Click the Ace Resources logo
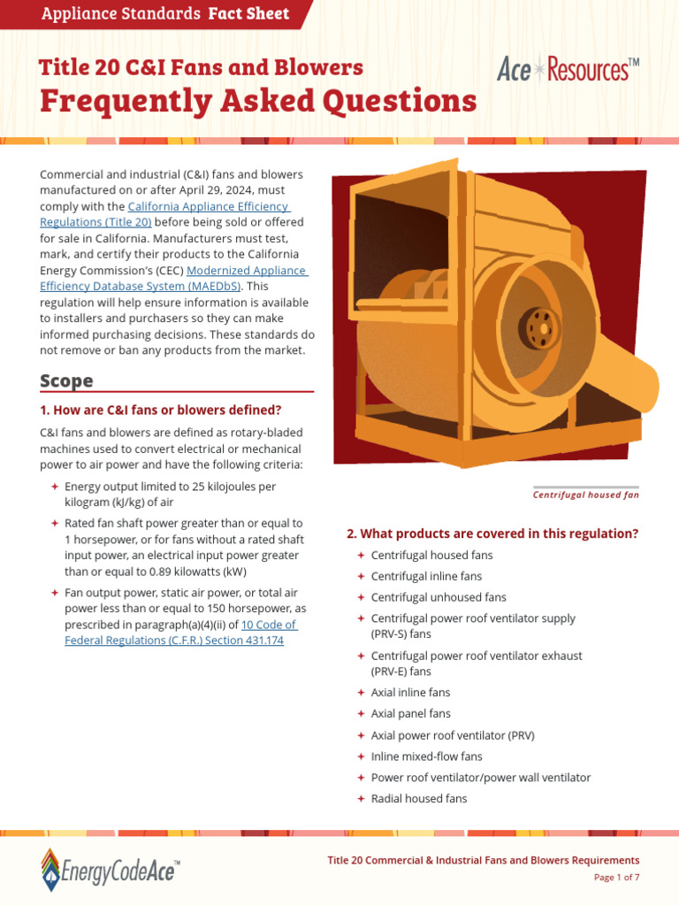click(x=568, y=69)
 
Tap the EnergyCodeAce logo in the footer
click(x=111, y=870)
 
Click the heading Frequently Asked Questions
click(x=257, y=101)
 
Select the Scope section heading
click(x=66, y=381)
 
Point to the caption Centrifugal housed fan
click(x=585, y=495)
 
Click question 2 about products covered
click(x=492, y=534)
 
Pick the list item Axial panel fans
click(x=410, y=714)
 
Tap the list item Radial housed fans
click(x=418, y=799)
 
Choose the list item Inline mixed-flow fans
click(x=426, y=756)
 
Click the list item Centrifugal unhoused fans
click(x=439, y=597)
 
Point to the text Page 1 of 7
click(x=615, y=878)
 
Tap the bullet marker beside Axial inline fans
click(x=361, y=693)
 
